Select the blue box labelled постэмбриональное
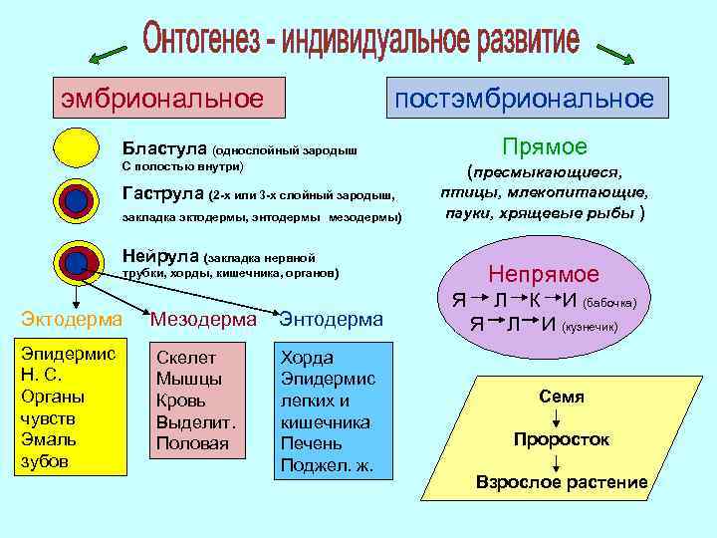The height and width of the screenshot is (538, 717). (524, 99)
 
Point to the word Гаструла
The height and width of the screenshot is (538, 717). (163, 193)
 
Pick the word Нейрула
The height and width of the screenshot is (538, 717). (159, 253)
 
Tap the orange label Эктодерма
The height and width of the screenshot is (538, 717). (72, 319)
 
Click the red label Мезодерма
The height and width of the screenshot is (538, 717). (203, 319)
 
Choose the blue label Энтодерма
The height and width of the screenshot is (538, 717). (332, 319)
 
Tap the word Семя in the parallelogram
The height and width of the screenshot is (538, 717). (562, 397)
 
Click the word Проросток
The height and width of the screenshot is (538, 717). (562, 439)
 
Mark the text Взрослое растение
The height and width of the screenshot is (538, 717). (562, 483)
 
